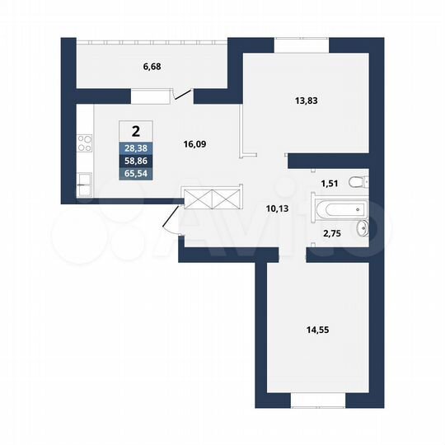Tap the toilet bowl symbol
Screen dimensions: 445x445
357,182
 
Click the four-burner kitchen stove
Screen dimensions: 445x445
84,145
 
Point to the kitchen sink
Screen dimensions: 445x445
83,181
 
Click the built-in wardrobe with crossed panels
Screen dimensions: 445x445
213,199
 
